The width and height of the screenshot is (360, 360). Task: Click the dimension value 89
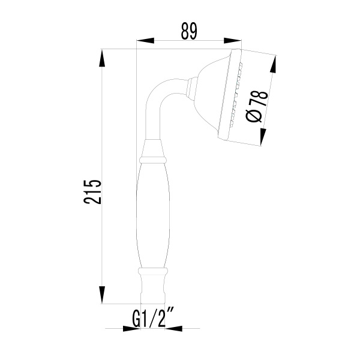coord(189,31)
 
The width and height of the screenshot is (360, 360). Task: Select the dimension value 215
coord(92,192)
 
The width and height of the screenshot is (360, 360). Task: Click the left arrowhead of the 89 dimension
coord(145,41)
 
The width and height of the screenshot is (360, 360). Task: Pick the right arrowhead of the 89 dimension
coord(233,41)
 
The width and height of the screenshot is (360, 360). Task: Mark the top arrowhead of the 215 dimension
coord(102,58)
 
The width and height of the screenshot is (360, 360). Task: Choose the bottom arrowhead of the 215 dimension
coord(102,295)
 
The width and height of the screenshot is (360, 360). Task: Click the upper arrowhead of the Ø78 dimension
coord(274,65)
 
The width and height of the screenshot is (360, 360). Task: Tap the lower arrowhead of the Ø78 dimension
coord(263,137)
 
